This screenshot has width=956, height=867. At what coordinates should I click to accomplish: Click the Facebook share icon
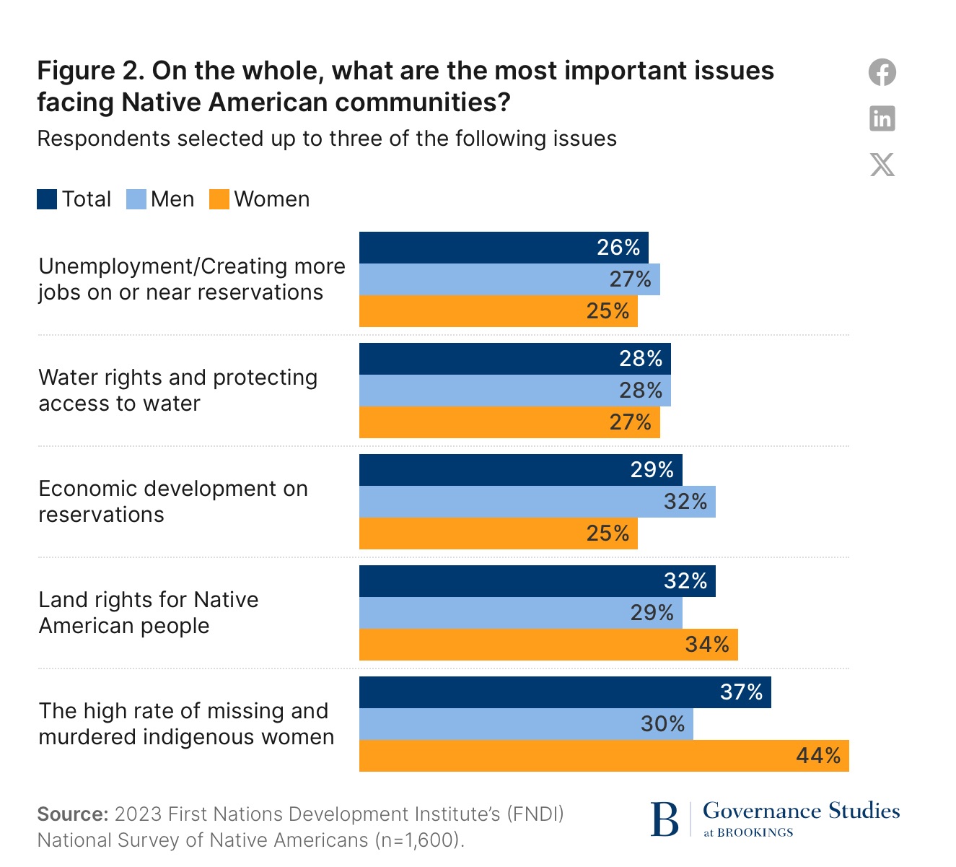pyautogui.click(x=882, y=72)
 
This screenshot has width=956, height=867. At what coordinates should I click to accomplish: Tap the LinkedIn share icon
pyautogui.click(x=882, y=118)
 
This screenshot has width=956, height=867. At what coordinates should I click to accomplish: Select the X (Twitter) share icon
pyautogui.click(x=882, y=165)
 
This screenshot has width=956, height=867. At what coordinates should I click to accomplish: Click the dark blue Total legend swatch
pyautogui.click(x=47, y=199)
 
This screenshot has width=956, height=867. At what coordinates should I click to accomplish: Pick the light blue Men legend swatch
pyautogui.click(x=136, y=199)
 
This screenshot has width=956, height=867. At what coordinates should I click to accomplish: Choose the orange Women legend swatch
pyautogui.click(x=219, y=199)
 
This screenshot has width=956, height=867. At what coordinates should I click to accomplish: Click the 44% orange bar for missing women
pyautogui.click(x=603, y=756)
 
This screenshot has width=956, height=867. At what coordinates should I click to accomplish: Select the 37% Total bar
pyautogui.click(x=564, y=692)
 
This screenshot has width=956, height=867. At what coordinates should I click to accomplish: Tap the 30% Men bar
pyautogui.click(x=525, y=724)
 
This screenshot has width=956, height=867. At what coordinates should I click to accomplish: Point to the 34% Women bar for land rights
pyautogui.click(x=548, y=645)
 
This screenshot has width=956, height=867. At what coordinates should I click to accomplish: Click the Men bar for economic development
pyautogui.click(x=537, y=502)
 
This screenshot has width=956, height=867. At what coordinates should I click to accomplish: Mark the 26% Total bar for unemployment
pyautogui.click(x=503, y=248)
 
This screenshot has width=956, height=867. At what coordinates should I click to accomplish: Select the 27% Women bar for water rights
pyautogui.click(x=509, y=422)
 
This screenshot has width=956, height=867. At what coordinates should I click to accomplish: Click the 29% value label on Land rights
pyautogui.click(x=652, y=613)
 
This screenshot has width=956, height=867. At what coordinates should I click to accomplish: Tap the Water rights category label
pyautogui.click(x=177, y=391)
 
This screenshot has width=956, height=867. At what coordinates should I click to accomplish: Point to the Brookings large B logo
pyautogui.click(x=665, y=819)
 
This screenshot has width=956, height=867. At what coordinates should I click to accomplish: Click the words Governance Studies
pyautogui.click(x=801, y=811)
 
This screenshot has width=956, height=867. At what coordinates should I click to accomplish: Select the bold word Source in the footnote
pyautogui.click(x=72, y=814)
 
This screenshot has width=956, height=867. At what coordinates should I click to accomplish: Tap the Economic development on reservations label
pyautogui.click(x=173, y=502)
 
